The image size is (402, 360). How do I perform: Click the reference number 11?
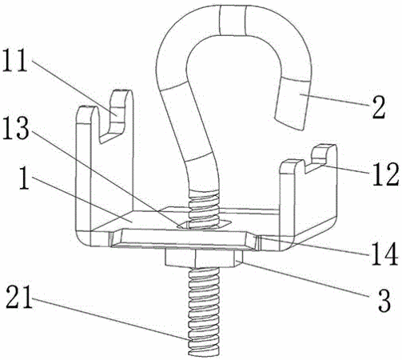pyautogui.click(x=15, y=60)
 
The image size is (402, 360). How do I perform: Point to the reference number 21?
pyautogui.click(x=19, y=297)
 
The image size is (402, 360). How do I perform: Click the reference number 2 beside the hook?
pyautogui.click(x=379, y=107)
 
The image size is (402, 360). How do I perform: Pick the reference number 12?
pyautogui.click(x=385, y=174)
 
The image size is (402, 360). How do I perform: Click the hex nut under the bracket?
pyautogui.click(x=204, y=258)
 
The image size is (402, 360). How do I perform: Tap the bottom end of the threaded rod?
pyautogui.click(x=204, y=353)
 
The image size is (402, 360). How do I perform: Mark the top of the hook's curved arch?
pyautogui.click(x=233, y=19)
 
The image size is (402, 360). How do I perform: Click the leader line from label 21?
pyautogui.click(x=110, y=318)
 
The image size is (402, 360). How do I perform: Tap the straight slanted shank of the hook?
pyautogui.click(x=195, y=126)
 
